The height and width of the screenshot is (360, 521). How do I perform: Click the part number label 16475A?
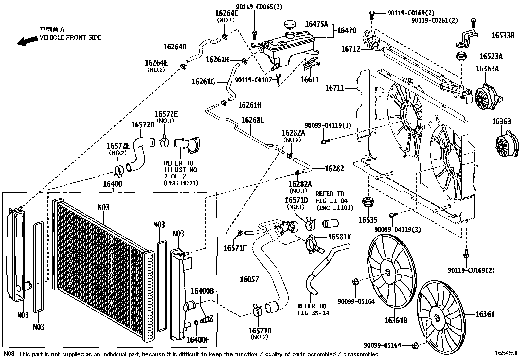[316, 24]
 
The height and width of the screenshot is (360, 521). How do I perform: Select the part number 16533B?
[503, 35]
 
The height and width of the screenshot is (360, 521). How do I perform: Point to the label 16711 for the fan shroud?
[335, 88]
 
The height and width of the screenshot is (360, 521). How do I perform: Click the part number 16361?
[485, 314]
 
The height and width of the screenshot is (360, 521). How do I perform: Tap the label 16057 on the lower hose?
[249, 279]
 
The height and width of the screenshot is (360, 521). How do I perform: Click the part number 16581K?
[339, 237]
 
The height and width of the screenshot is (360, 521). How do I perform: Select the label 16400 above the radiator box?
[113, 184]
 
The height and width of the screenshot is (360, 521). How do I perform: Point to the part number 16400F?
[197, 340]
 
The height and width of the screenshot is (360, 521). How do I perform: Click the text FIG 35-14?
[313, 313]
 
